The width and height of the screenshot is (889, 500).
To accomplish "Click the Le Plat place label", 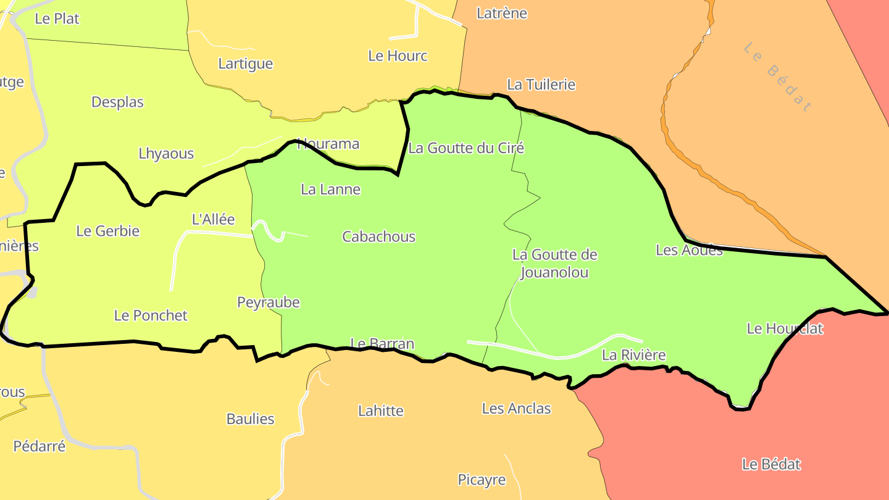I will (x=57, y=19).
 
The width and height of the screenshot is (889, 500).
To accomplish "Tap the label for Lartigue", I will (x=245, y=64).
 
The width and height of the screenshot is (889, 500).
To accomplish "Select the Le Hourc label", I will (x=398, y=56).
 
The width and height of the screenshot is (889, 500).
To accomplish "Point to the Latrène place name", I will (x=502, y=13).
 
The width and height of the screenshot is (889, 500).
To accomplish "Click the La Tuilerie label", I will (x=541, y=85).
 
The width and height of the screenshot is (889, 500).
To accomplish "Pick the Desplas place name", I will (x=117, y=102).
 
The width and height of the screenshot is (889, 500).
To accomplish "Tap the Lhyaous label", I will (x=166, y=154).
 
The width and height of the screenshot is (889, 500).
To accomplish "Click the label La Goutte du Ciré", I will (x=466, y=148).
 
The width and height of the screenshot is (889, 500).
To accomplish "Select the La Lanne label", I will (x=330, y=190).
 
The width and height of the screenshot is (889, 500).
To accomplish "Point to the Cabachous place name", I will (x=378, y=236).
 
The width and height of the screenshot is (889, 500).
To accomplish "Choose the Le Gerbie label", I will (x=108, y=231).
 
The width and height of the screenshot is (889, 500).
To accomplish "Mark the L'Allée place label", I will (x=214, y=219).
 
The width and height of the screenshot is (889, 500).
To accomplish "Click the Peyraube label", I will (x=269, y=302).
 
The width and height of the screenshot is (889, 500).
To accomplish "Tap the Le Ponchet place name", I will (x=151, y=315).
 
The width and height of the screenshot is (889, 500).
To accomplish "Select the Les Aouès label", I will (x=689, y=250).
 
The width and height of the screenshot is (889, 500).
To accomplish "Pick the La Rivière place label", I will (x=634, y=355).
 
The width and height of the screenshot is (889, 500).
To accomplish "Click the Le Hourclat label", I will (x=785, y=328).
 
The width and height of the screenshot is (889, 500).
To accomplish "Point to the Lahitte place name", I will (x=381, y=410).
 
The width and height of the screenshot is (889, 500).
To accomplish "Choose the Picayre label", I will (x=482, y=480).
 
